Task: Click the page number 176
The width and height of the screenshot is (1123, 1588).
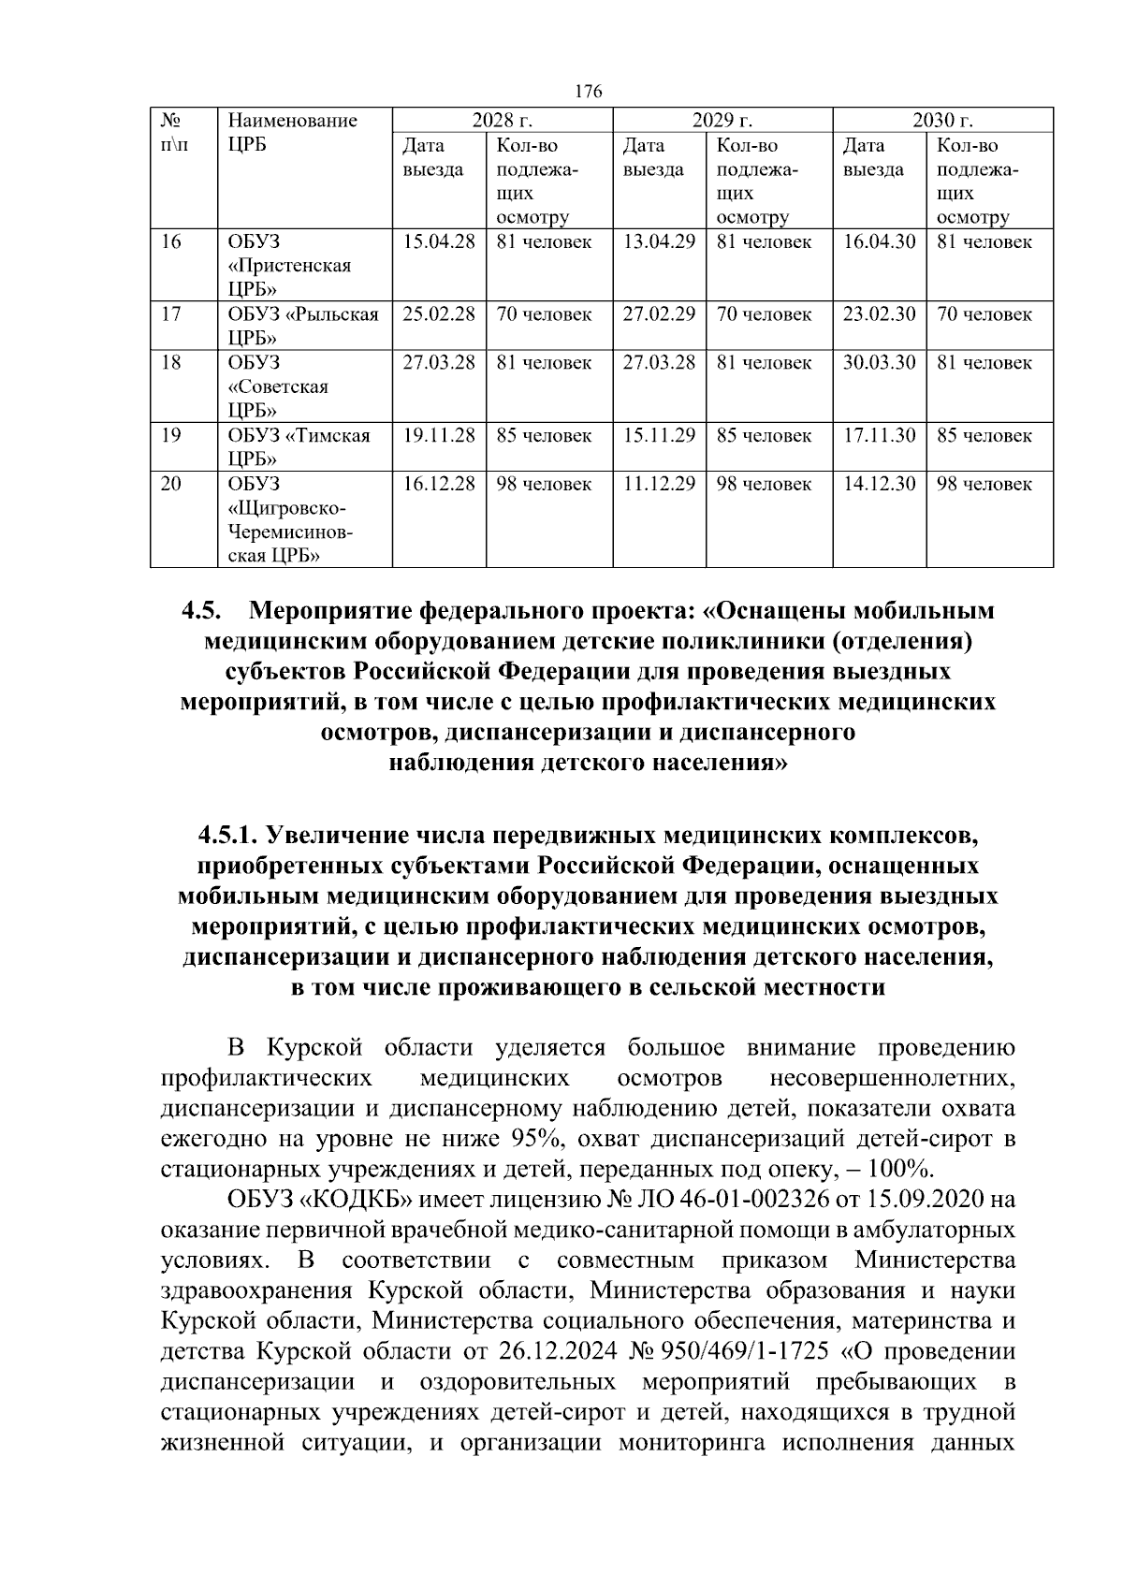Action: [x=589, y=91]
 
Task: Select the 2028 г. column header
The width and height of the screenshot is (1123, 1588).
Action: [x=502, y=121]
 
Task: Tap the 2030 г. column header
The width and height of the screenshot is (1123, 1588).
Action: [x=942, y=121]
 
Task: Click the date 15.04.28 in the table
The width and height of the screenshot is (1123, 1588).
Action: [x=439, y=241]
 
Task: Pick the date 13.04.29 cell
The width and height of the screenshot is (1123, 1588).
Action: [x=659, y=241]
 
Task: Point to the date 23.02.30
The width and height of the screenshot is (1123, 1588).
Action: [x=879, y=314]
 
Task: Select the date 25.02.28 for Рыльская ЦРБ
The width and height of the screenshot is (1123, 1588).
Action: [x=439, y=314]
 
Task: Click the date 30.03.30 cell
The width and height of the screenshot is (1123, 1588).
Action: [x=879, y=363]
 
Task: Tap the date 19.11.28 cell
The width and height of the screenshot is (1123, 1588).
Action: [x=439, y=436]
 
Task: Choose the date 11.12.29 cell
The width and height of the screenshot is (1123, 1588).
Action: [x=659, y=485]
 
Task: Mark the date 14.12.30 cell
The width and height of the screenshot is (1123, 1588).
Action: [x=879, y=485]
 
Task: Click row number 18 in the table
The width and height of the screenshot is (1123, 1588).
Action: [x=170, y=363]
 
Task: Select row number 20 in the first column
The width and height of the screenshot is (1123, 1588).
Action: [x=170, y=485]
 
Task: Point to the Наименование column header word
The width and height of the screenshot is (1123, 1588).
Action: [x=293, y=121]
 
